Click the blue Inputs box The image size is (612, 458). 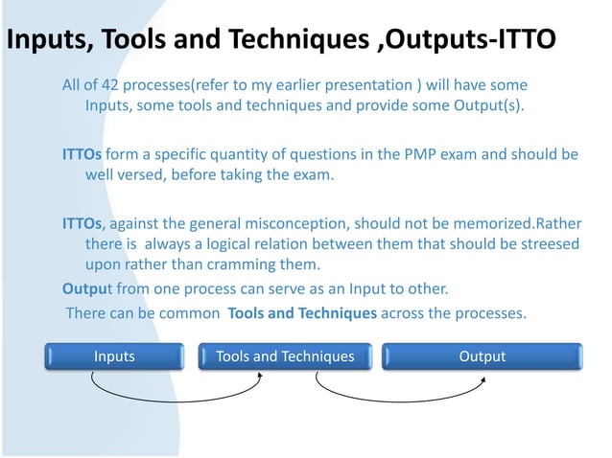(x=114, y=356)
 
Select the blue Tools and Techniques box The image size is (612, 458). (x=285, y=356)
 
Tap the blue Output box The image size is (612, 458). (x=482, y=356)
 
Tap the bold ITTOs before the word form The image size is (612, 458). (x=82, y=154)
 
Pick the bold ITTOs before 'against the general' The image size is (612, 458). (x=82, y=223)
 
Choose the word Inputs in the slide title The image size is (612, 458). (x=49, y=41)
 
